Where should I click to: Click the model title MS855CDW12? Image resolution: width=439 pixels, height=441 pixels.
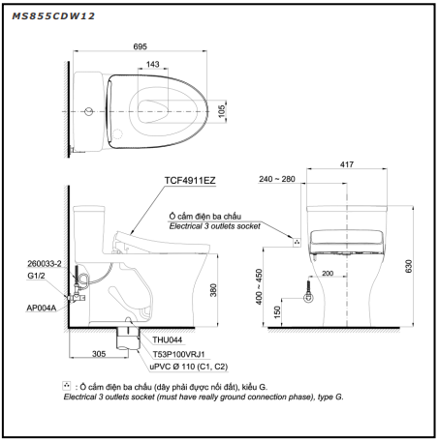point(53,16)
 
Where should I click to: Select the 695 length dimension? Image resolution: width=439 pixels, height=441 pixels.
point(140,46)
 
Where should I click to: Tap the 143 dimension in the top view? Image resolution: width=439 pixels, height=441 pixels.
point(152,64)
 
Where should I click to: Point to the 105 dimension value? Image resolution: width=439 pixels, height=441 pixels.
point(222,111)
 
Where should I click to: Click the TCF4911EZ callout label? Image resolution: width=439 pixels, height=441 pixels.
point(190,180)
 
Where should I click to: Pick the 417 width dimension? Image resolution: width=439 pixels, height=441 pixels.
point(347,164)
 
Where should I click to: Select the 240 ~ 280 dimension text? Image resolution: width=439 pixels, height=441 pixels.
point(277,179)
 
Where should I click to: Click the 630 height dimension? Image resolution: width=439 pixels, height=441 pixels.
point(409,266)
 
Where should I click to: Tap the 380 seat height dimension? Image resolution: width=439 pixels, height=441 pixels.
point(213,290)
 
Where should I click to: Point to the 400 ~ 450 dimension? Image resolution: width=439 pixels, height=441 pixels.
point(259,287)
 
